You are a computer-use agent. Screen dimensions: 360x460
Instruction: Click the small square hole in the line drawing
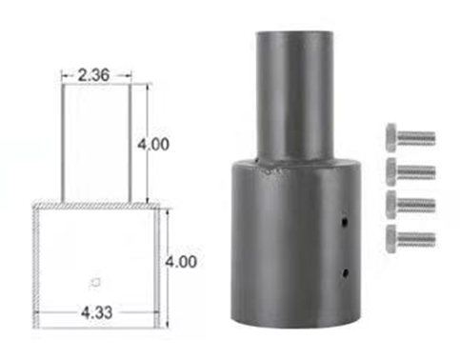pos(93,280)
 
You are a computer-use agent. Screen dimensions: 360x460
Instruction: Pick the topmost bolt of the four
pos(410,137)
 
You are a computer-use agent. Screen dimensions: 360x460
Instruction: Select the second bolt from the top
pos(410,171)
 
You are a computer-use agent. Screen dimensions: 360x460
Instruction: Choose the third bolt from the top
pos(410,205)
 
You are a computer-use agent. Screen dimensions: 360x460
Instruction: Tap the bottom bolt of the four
pos(410,238)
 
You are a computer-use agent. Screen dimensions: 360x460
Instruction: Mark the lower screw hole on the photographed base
pos(344,274)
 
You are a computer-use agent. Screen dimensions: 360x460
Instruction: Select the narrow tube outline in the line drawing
pos(96,143)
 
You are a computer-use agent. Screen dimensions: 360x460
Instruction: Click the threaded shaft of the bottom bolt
pos(418,238)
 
